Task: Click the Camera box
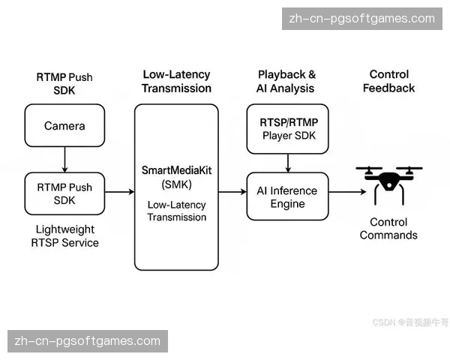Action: click(64, 126)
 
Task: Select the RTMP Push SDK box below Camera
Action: click(64, 195)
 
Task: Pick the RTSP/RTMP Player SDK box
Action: click(288, 127)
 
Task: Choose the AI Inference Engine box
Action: click(288, 196)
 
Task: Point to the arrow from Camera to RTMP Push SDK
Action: click(64, 159)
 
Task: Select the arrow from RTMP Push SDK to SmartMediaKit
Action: click(119, 193)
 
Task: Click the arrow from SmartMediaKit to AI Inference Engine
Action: click(232, 193)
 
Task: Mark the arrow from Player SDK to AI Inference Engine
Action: click(288, 161)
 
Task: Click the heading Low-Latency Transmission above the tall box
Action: click(177, 82)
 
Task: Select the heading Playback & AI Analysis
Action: click(287, 82)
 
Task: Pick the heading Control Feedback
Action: click(389, 82)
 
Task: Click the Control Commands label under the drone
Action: click(388, 229)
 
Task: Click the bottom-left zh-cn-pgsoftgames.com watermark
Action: click(88, 341)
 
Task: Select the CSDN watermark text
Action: click(410, 322)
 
